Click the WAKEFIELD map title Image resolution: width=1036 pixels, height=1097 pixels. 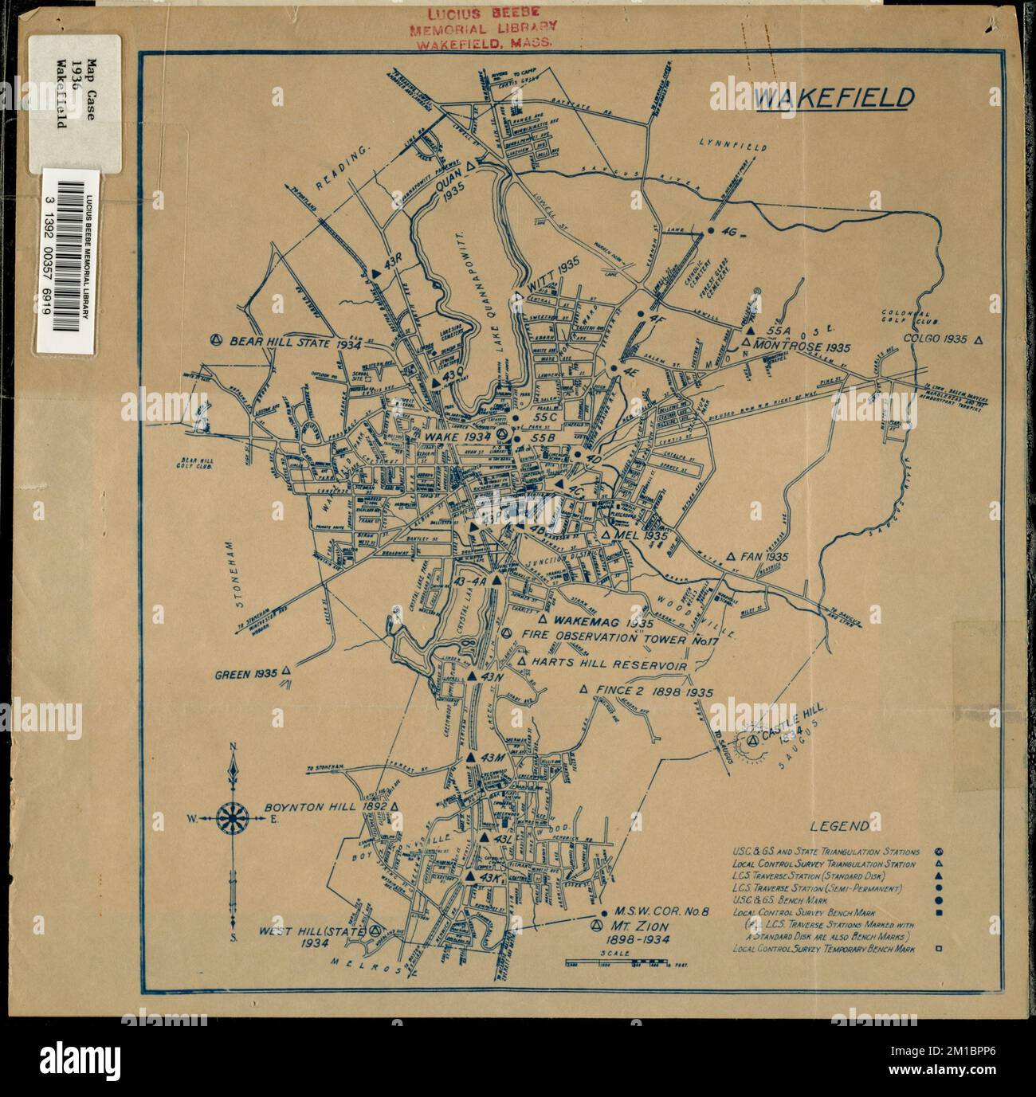[x=834, y=98]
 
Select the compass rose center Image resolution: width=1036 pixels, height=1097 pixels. [x=233, y=817]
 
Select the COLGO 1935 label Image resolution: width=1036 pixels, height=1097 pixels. [x=936, y=339]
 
